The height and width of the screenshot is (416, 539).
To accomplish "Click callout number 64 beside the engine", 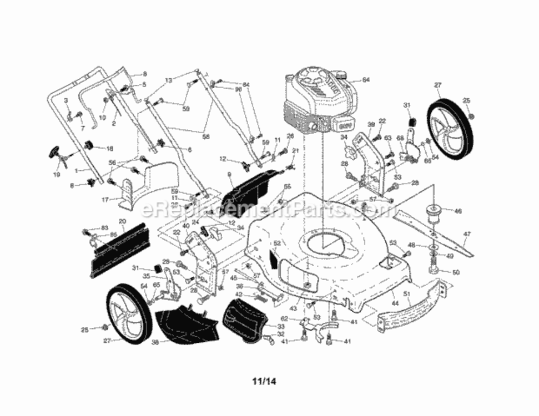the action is coord(366,80).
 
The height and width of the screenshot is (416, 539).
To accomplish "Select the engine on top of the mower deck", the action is coord(316,100).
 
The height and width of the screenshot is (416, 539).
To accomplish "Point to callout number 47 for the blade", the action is coord(467,235).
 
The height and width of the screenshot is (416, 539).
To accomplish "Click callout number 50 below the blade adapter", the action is coord(456,272).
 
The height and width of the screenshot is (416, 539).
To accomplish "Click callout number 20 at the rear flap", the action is coord(122,221).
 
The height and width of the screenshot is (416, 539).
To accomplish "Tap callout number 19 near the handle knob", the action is coord(56,174).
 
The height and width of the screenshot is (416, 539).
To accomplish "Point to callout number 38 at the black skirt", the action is coord(155,342).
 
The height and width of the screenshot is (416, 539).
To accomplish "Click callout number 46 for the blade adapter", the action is coord(458,211).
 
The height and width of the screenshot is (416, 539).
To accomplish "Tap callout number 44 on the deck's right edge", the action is coord(395,304).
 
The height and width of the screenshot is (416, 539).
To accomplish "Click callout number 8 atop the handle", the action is coord(144,74).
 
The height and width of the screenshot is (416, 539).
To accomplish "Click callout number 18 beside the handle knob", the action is coord(109,149).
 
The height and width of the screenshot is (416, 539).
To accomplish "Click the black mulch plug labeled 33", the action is coord(244,319).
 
